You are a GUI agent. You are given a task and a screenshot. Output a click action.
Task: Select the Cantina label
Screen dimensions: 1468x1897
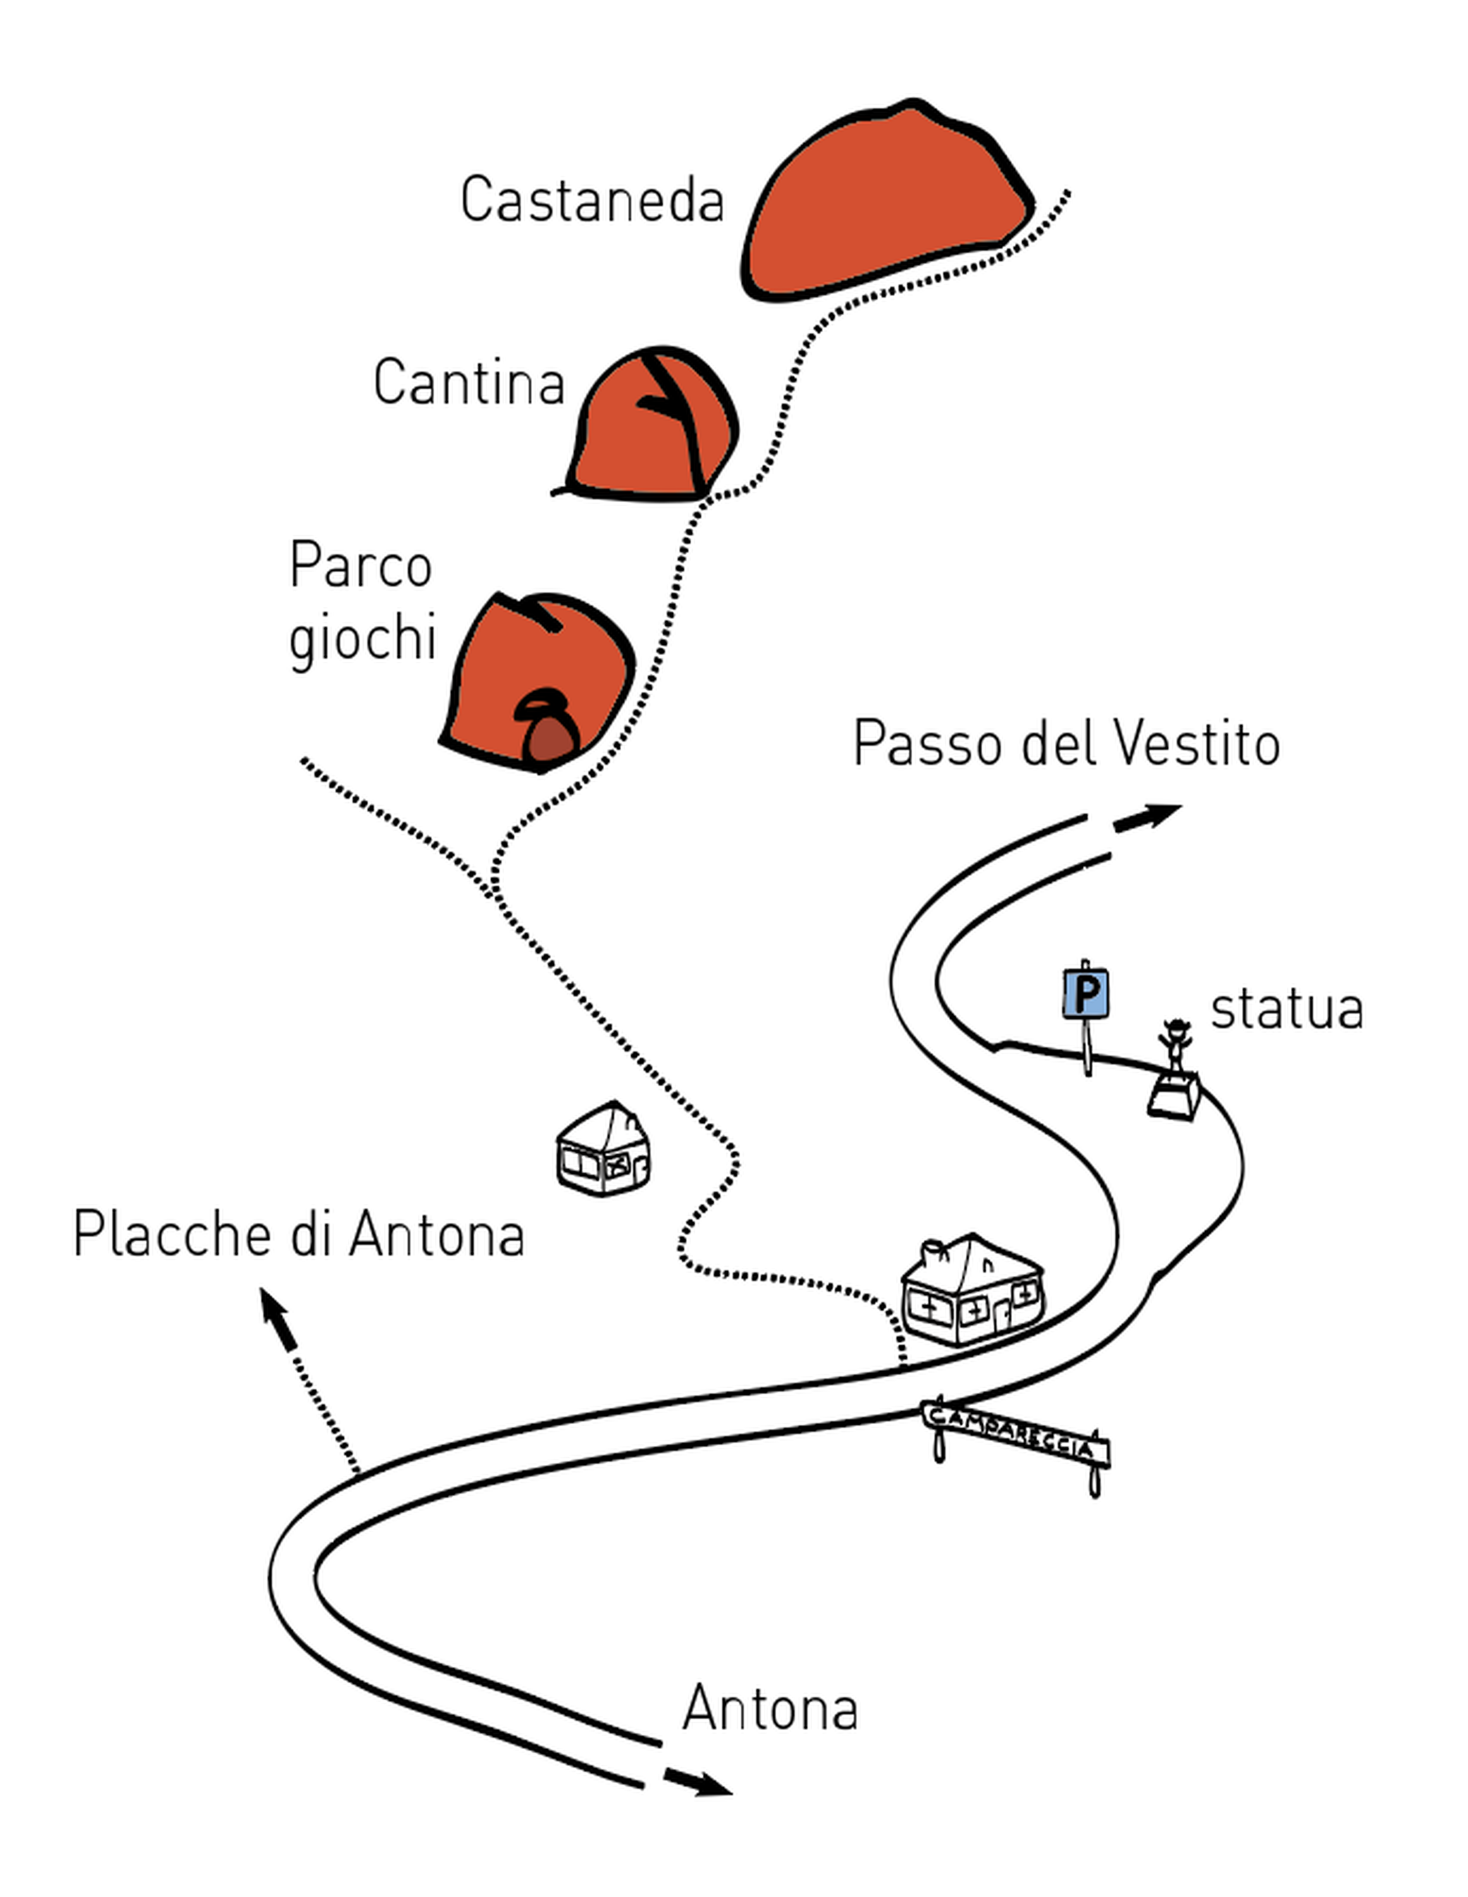click(x=469, y=382)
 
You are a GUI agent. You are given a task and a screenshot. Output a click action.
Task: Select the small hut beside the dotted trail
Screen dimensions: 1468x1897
click(x=603, y=1149)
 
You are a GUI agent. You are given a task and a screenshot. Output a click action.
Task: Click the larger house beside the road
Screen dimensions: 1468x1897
click(x=973, y=1291)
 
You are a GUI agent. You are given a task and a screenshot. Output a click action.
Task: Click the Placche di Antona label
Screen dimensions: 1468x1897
click(x=299, y=1234)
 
